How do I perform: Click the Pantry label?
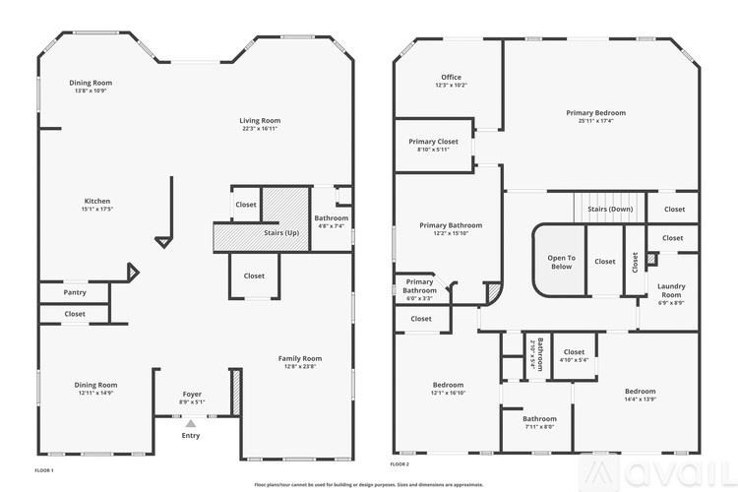click(x=74, y=292)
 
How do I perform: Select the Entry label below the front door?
click(x=191, y=435)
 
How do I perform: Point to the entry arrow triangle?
click(x=191, y=423)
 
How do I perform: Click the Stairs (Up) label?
click(x=282, y=233)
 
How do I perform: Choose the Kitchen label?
click(x=96, y=201)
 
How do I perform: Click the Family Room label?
click(x=300, y=358)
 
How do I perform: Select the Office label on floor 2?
click(x=451, y=77)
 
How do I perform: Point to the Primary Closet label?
click(x=433, y=142)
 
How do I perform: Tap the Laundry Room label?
click(x=671, y=290)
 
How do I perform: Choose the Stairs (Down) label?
click(x=610, y=209)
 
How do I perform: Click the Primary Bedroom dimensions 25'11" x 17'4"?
click(x=595, y=121)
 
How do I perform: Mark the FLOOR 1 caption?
click(x=44, y=471)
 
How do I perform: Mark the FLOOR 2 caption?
click(x=400, y=463)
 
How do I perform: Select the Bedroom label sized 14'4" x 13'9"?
click(x=640, y=391)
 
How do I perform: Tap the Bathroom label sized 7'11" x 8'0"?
click(x=539, y=418)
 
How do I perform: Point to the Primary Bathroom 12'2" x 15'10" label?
click(x=451, y=225)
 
